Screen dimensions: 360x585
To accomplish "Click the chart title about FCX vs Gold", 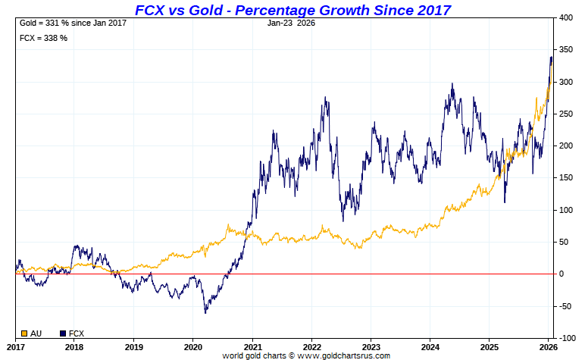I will pyautogui.click(x=292, y=10).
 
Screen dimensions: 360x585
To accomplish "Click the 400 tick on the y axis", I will pyautogui.click(x=566, y=17).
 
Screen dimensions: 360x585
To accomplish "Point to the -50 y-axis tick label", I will pyautogui.click(x=565, y=306).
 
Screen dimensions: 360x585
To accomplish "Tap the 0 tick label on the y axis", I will pyautogui.click(x=562, y=274).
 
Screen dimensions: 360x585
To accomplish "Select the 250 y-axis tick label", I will pyautogui.click(x=566, y=114).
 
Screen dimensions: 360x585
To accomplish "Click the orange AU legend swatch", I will pyautogui.click(x=24, y=333).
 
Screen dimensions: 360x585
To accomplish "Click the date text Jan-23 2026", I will pyautogui.click(x=292, y=23).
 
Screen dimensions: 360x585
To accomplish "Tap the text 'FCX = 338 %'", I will pyautogui.click(x=43, y=38).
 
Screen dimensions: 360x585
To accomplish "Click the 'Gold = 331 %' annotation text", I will pyautogui.click(x=72, y=23).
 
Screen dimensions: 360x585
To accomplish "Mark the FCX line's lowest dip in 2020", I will pyautogui.click(x=205, y=312).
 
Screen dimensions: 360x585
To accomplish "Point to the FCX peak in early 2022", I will pyautogui.click(x=325, y=97).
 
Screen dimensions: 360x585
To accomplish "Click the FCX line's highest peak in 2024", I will pyautogui.click(x=452, y=84).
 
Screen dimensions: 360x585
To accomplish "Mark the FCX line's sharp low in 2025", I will pyautogui.click(x=504, y=202).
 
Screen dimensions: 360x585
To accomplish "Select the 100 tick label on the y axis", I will pyautogui.click(x=566, y=210).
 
